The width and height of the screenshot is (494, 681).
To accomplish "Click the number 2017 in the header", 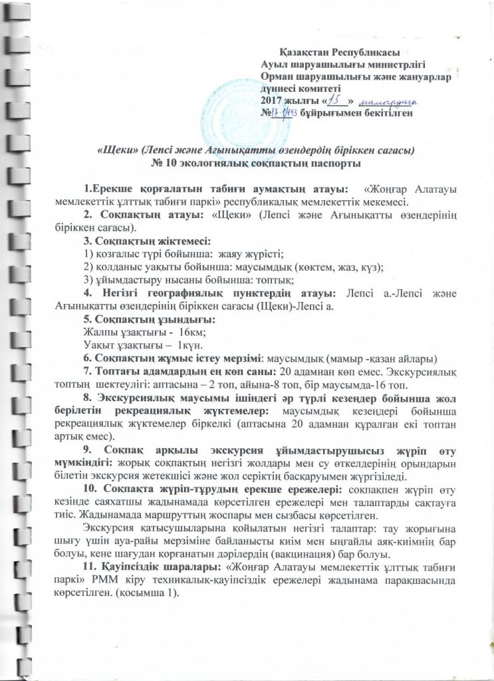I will point(272,100).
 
